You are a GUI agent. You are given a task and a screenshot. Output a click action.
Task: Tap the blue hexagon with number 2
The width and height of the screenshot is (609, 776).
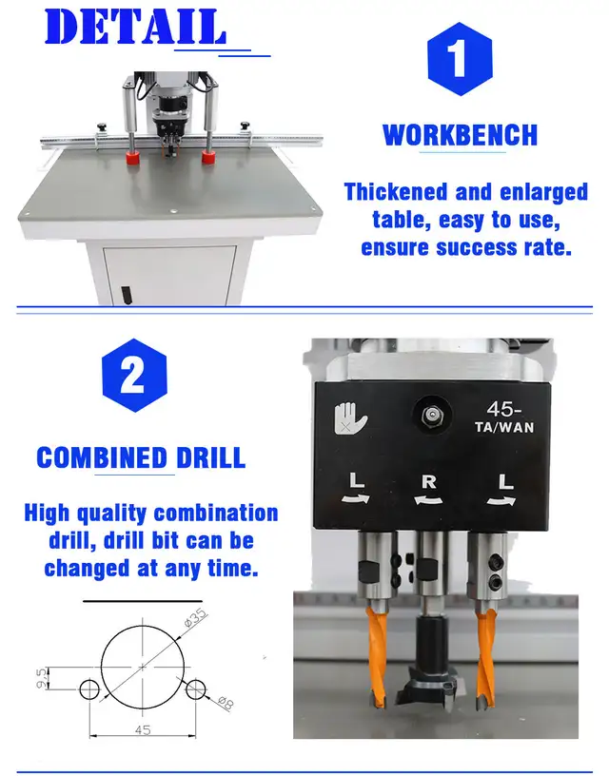[133, 376]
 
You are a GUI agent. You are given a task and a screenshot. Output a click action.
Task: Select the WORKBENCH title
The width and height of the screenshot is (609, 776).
[460, 135]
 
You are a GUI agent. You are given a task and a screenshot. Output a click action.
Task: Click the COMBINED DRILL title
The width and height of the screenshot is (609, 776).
[141, 457]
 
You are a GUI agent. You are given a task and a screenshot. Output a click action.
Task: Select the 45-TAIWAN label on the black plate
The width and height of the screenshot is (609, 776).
[504, 417]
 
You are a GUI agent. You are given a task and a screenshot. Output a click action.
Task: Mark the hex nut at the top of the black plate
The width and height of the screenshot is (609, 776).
[430, 414]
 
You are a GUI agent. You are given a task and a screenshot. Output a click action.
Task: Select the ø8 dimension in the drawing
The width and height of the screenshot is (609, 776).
[224, 703]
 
